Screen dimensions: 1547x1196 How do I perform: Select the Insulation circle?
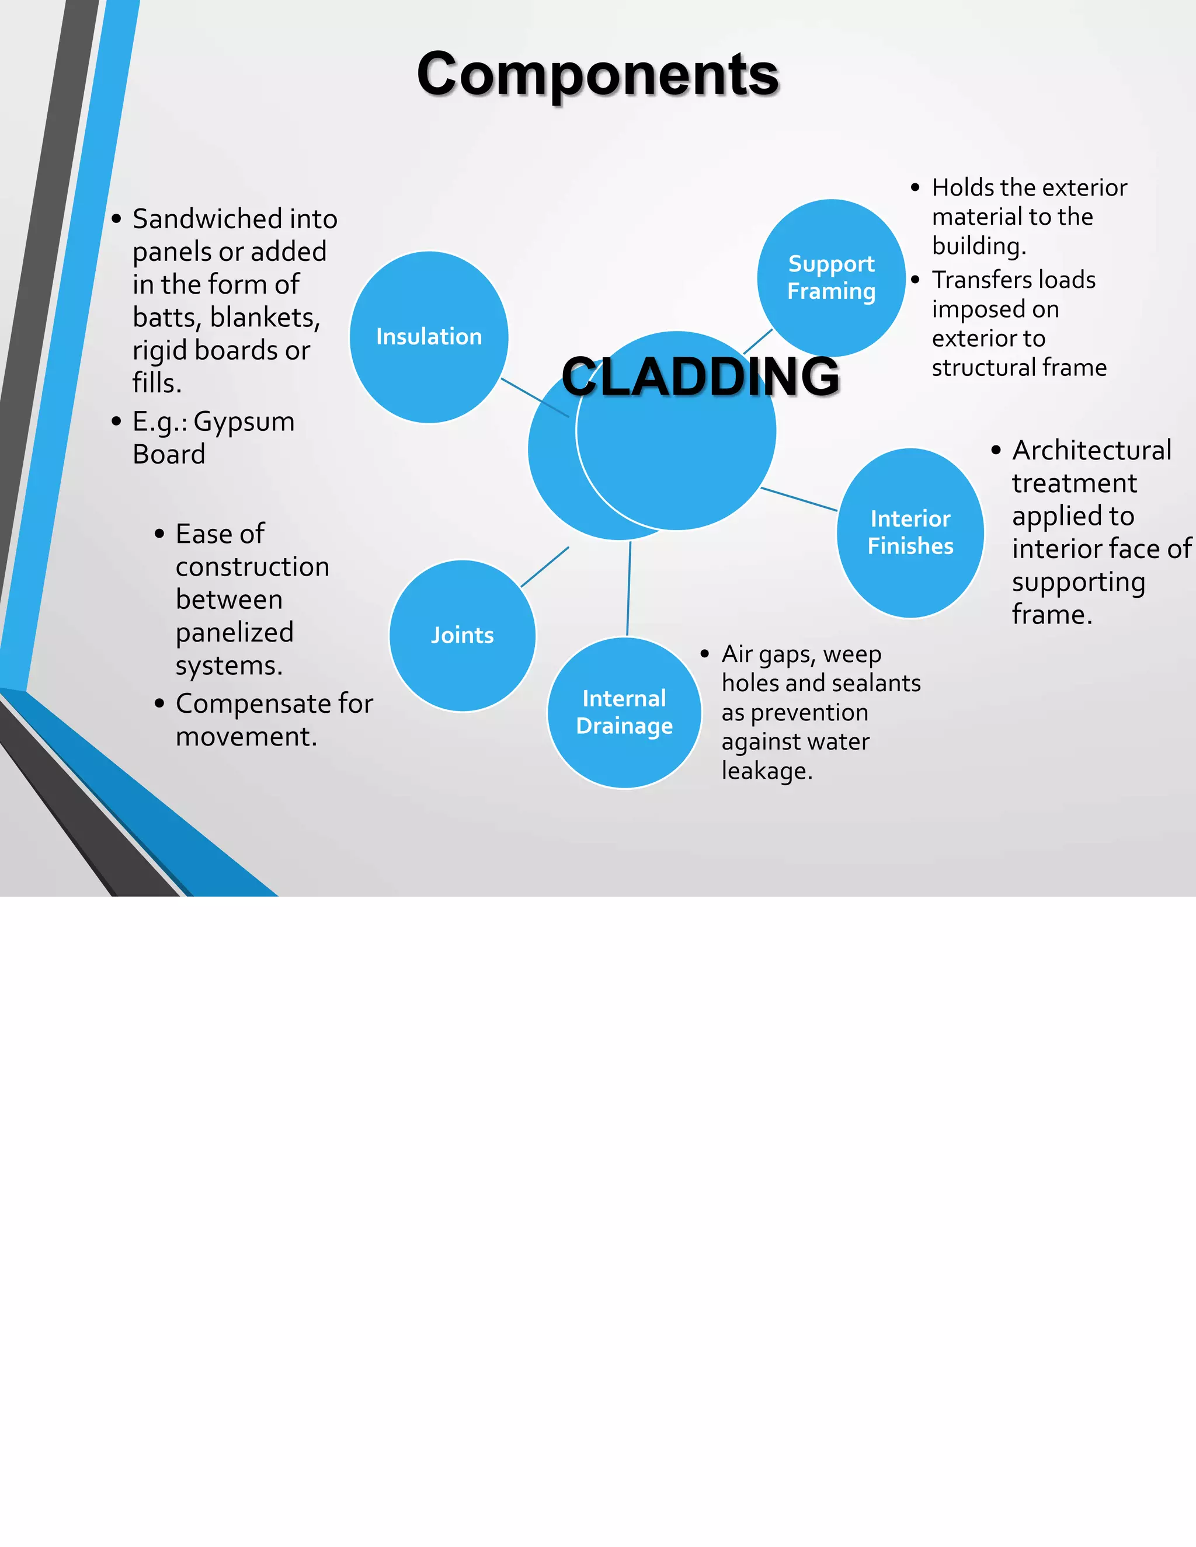429,337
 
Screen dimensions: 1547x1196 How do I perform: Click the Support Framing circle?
831,278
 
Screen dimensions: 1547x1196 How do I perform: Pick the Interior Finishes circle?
910,532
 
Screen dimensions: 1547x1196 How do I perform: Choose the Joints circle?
462,635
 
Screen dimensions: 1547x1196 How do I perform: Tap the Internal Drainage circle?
624,713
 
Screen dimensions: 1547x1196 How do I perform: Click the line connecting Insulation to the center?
534,398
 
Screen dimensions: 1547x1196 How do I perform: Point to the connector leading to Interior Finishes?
799,499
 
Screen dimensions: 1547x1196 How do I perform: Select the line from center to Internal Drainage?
628,588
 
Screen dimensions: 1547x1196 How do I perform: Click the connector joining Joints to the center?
544,567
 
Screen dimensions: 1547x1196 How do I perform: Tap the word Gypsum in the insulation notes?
244,422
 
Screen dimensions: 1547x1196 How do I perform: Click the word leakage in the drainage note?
767,771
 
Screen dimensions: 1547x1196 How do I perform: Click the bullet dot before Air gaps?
705,654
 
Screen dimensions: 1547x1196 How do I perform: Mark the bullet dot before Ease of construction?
159,534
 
